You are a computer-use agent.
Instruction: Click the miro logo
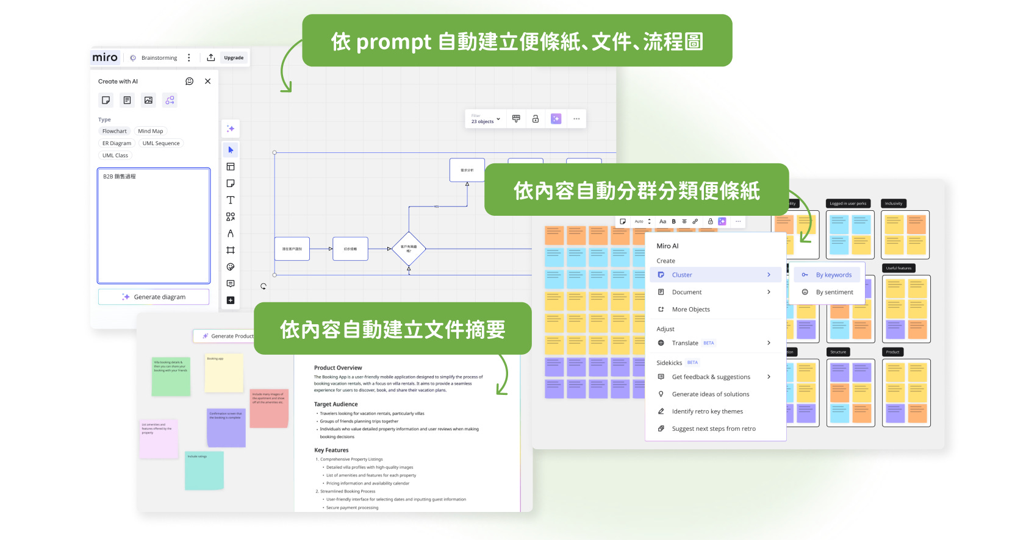click(105, 57)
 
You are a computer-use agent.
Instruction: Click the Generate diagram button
click(154, 297)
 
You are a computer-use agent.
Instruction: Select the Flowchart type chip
click(115, 131)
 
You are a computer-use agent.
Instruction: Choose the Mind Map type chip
click(150, 131)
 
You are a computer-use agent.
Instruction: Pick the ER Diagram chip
click(117, 143)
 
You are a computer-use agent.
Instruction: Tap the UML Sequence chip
click(161, 143)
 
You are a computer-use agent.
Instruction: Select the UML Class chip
click(115, 155)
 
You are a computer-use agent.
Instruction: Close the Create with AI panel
click(207, 81)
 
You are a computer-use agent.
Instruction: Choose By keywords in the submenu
click(833, 275)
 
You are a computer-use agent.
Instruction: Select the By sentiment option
click(834, 292)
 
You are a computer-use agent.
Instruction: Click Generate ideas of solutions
click(711, 394)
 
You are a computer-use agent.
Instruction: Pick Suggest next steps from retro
click(714, 428)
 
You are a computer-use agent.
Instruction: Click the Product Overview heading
click(338, 368)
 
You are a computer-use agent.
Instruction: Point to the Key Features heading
click(331, 450)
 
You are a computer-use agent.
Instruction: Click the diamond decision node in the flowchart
click(409, 249)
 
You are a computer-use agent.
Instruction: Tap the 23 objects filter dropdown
click(486, 119)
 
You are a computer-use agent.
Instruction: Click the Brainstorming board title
click(159, 58)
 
